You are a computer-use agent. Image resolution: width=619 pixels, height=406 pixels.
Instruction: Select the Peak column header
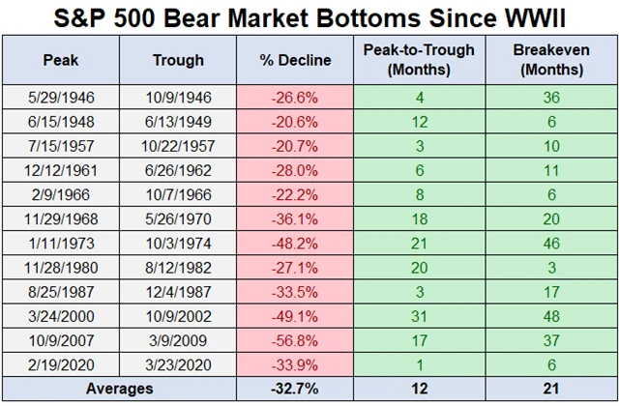pyautogui.click(x=54, y=60)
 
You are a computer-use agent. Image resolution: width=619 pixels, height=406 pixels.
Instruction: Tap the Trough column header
pyautogui.click(x=178, y=60)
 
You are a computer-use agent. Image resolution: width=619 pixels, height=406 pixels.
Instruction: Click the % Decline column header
pyautogui.click(x=296, y=60)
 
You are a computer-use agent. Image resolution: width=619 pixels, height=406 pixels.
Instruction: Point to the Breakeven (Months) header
pyautogui.click(x=548, y=60)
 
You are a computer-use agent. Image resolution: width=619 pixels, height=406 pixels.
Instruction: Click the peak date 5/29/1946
pyautogui.click(x=54, y=97)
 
